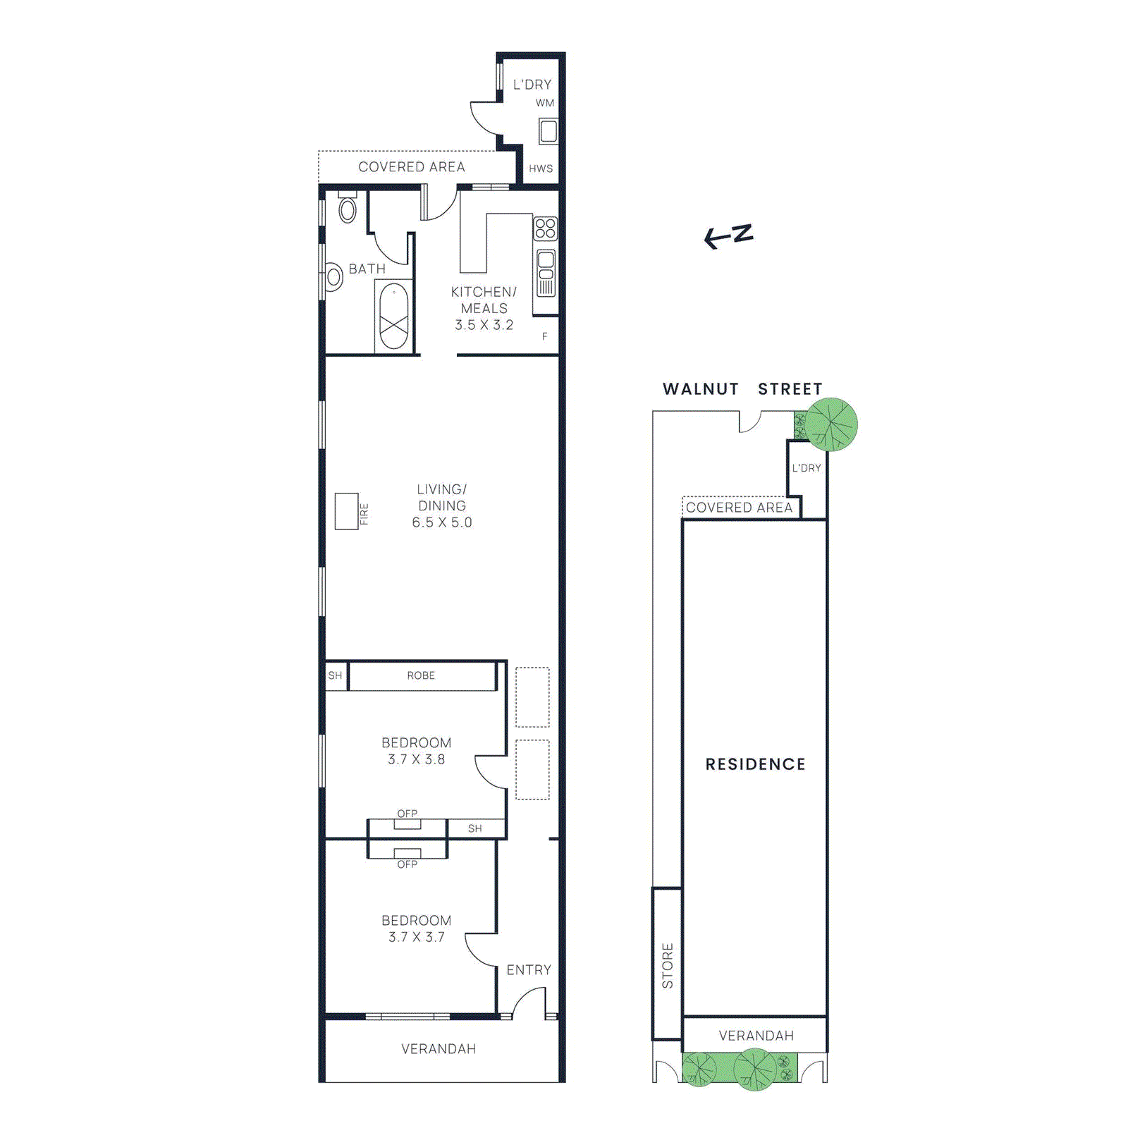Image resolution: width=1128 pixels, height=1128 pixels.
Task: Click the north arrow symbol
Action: [728, 235]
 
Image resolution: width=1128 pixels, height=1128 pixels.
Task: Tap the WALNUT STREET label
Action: [742, 389]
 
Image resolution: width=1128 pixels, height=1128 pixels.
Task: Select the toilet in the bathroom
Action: [348, 209]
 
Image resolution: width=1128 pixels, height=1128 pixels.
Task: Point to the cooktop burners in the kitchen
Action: [545, 228]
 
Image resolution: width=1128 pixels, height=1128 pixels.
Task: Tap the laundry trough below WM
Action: [548, 131]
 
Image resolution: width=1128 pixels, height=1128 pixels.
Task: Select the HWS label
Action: [541, 168]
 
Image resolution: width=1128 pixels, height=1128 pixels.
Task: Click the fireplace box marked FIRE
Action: [346, 511]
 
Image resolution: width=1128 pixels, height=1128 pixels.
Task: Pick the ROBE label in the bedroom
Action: [421, 675]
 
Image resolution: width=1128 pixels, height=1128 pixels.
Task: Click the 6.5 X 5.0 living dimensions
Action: [442, 522]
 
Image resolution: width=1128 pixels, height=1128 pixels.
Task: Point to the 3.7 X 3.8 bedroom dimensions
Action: [416, 759]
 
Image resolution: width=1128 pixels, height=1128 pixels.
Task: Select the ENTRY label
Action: [529, 970]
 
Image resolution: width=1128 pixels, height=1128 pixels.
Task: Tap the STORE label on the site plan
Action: [667, 965]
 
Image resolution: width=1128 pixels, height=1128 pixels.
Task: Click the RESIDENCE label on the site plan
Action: [755, 764]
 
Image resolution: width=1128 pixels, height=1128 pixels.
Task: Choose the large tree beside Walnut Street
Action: [832, 424]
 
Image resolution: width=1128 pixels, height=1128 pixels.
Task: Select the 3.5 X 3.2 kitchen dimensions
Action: [484, 325]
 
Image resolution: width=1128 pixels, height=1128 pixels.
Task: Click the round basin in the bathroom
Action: [334, 276]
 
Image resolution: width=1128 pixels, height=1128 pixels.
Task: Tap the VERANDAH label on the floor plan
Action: [439, 1049]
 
